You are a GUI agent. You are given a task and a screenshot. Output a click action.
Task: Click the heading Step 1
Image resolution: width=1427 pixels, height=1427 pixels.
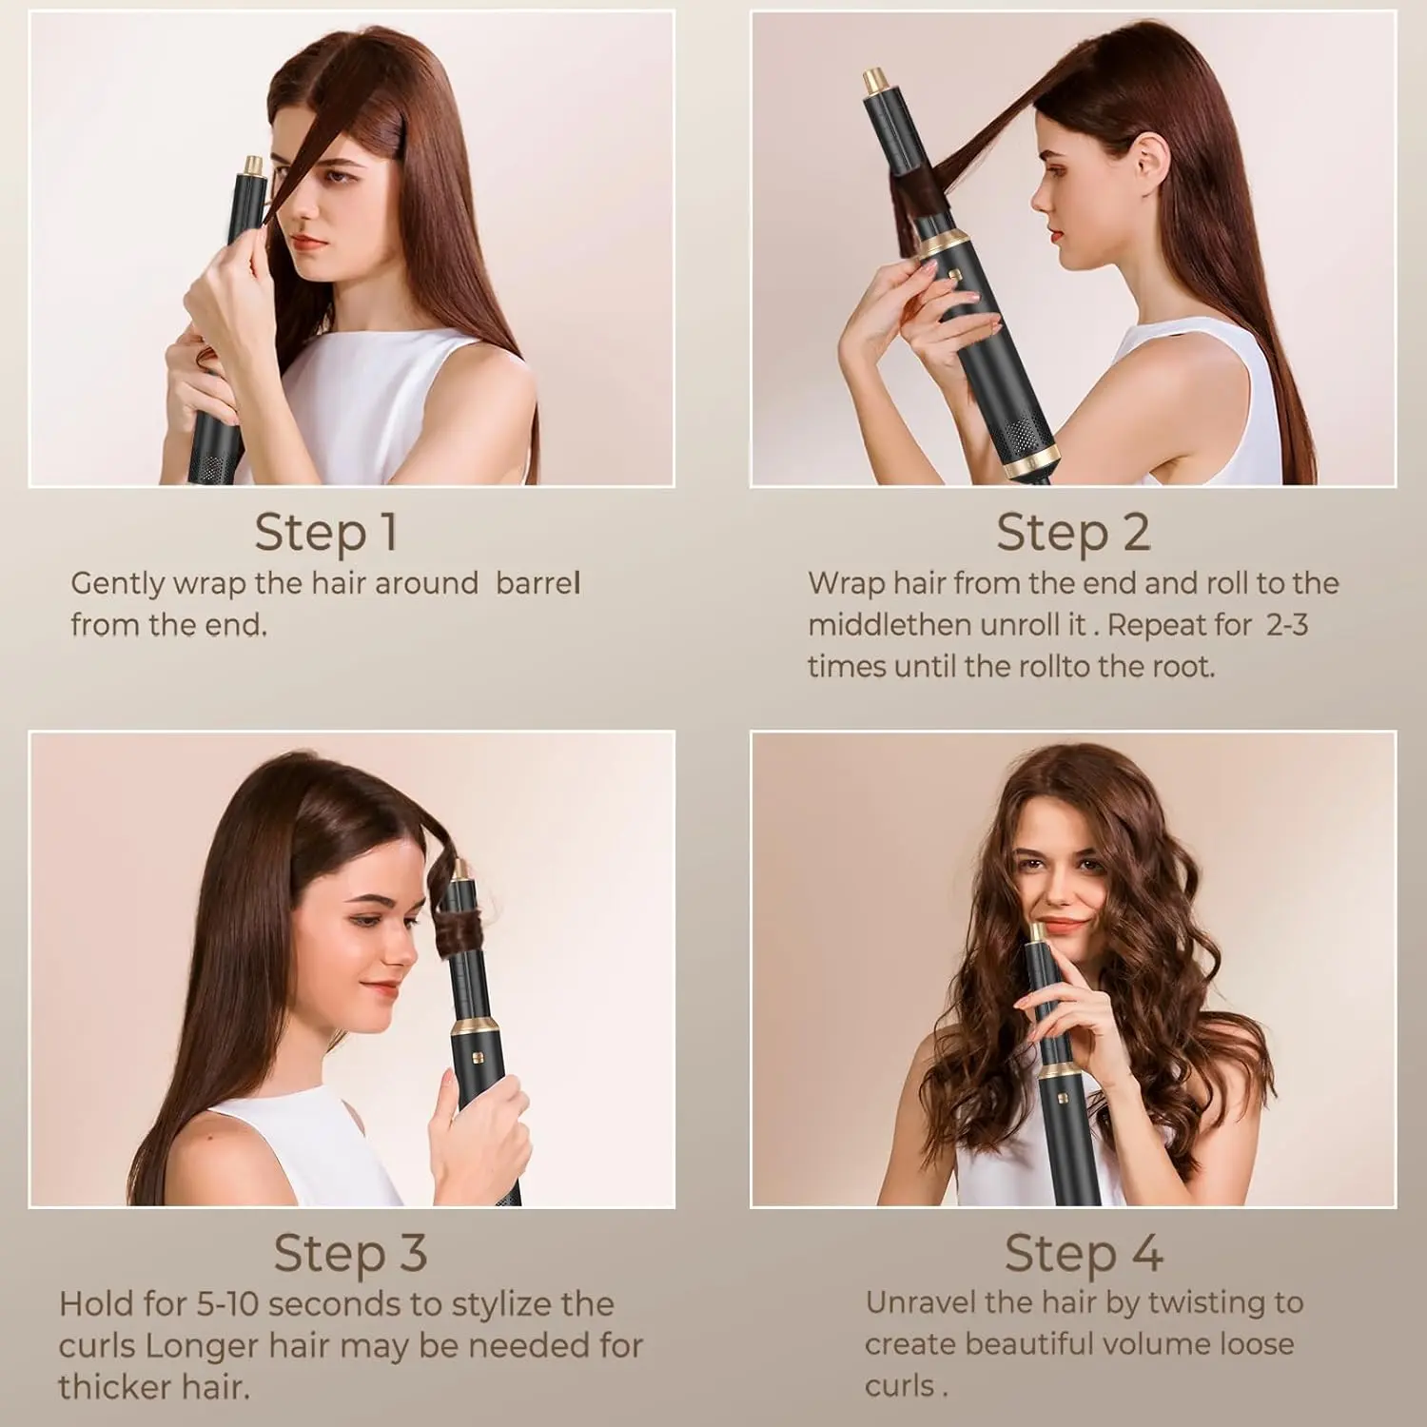(x=325, y=532)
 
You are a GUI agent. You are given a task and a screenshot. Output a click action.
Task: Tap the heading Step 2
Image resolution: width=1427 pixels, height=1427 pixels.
(x=1073, y=532)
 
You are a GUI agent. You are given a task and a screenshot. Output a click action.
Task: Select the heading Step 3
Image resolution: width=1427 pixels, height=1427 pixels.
(x=350, y=1253)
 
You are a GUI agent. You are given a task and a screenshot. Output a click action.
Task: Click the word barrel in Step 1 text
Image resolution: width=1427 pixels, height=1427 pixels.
(x=538, y=583)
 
